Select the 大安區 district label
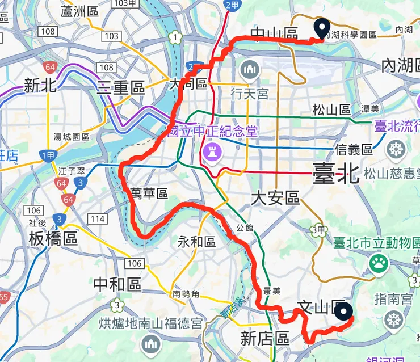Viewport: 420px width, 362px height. (x=275, y=198)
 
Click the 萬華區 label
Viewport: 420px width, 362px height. (x=149, y=193)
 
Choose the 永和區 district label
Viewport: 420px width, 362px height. (x=197, y=242)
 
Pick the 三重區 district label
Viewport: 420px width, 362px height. (x=121, y=87)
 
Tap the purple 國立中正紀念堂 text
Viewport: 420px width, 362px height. (x=212, y=132)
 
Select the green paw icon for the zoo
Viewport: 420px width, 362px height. (x=377, y=263)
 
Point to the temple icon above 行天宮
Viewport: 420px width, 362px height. (x=249, y=71)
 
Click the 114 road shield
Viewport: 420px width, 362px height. (x=98, y=219)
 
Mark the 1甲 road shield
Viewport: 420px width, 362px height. (x=48, y=156)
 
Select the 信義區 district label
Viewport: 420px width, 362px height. (x=354, y=150)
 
